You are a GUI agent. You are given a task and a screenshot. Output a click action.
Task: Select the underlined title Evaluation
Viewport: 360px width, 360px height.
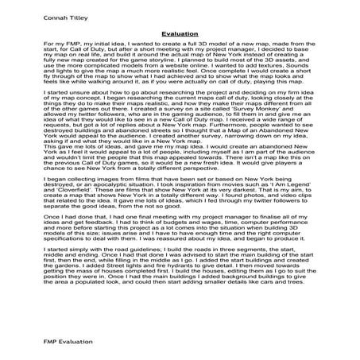(x=179, y=34)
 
